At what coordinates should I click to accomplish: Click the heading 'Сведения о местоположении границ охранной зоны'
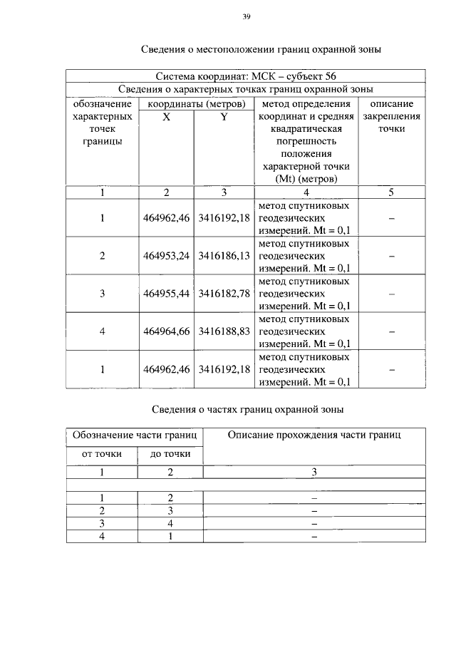pyautogui.click(x=261, y=50)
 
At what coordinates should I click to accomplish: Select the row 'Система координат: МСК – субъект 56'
pyautogui.click(x=246, y=76)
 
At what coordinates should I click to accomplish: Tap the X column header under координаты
pyautogui.click(x=166, y=116)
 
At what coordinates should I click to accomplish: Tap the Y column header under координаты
pyautogui.click(x=224, y=116)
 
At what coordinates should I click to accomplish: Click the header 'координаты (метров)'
pyautogui.click(x=195, y=103)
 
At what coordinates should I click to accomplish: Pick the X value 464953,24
pyautogui.click(x=166, y=256)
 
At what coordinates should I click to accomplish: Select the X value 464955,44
pyautogui.click(x=166, y=294)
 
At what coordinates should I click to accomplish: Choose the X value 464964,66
pyautogui.click(x=166, y=331)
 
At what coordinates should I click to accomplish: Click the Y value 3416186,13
pyautogui.click(x=224, y=256)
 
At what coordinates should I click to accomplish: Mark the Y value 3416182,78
pyautogui.click(x=224, y=294)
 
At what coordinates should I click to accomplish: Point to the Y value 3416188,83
pyautogui.click(x=224, y=331)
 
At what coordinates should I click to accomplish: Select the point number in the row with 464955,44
pyautogui.click(x=103, y=294)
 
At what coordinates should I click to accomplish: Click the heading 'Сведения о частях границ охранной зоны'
pyautogui.click(x=248, y=410)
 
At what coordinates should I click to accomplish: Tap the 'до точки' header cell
pyautogui.click(x=170, y=453)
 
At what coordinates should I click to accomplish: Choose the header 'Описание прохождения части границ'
pyautogui.click(x=313, y=435)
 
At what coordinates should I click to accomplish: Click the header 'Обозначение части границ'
pyautogui.click(x=135, y=435)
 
